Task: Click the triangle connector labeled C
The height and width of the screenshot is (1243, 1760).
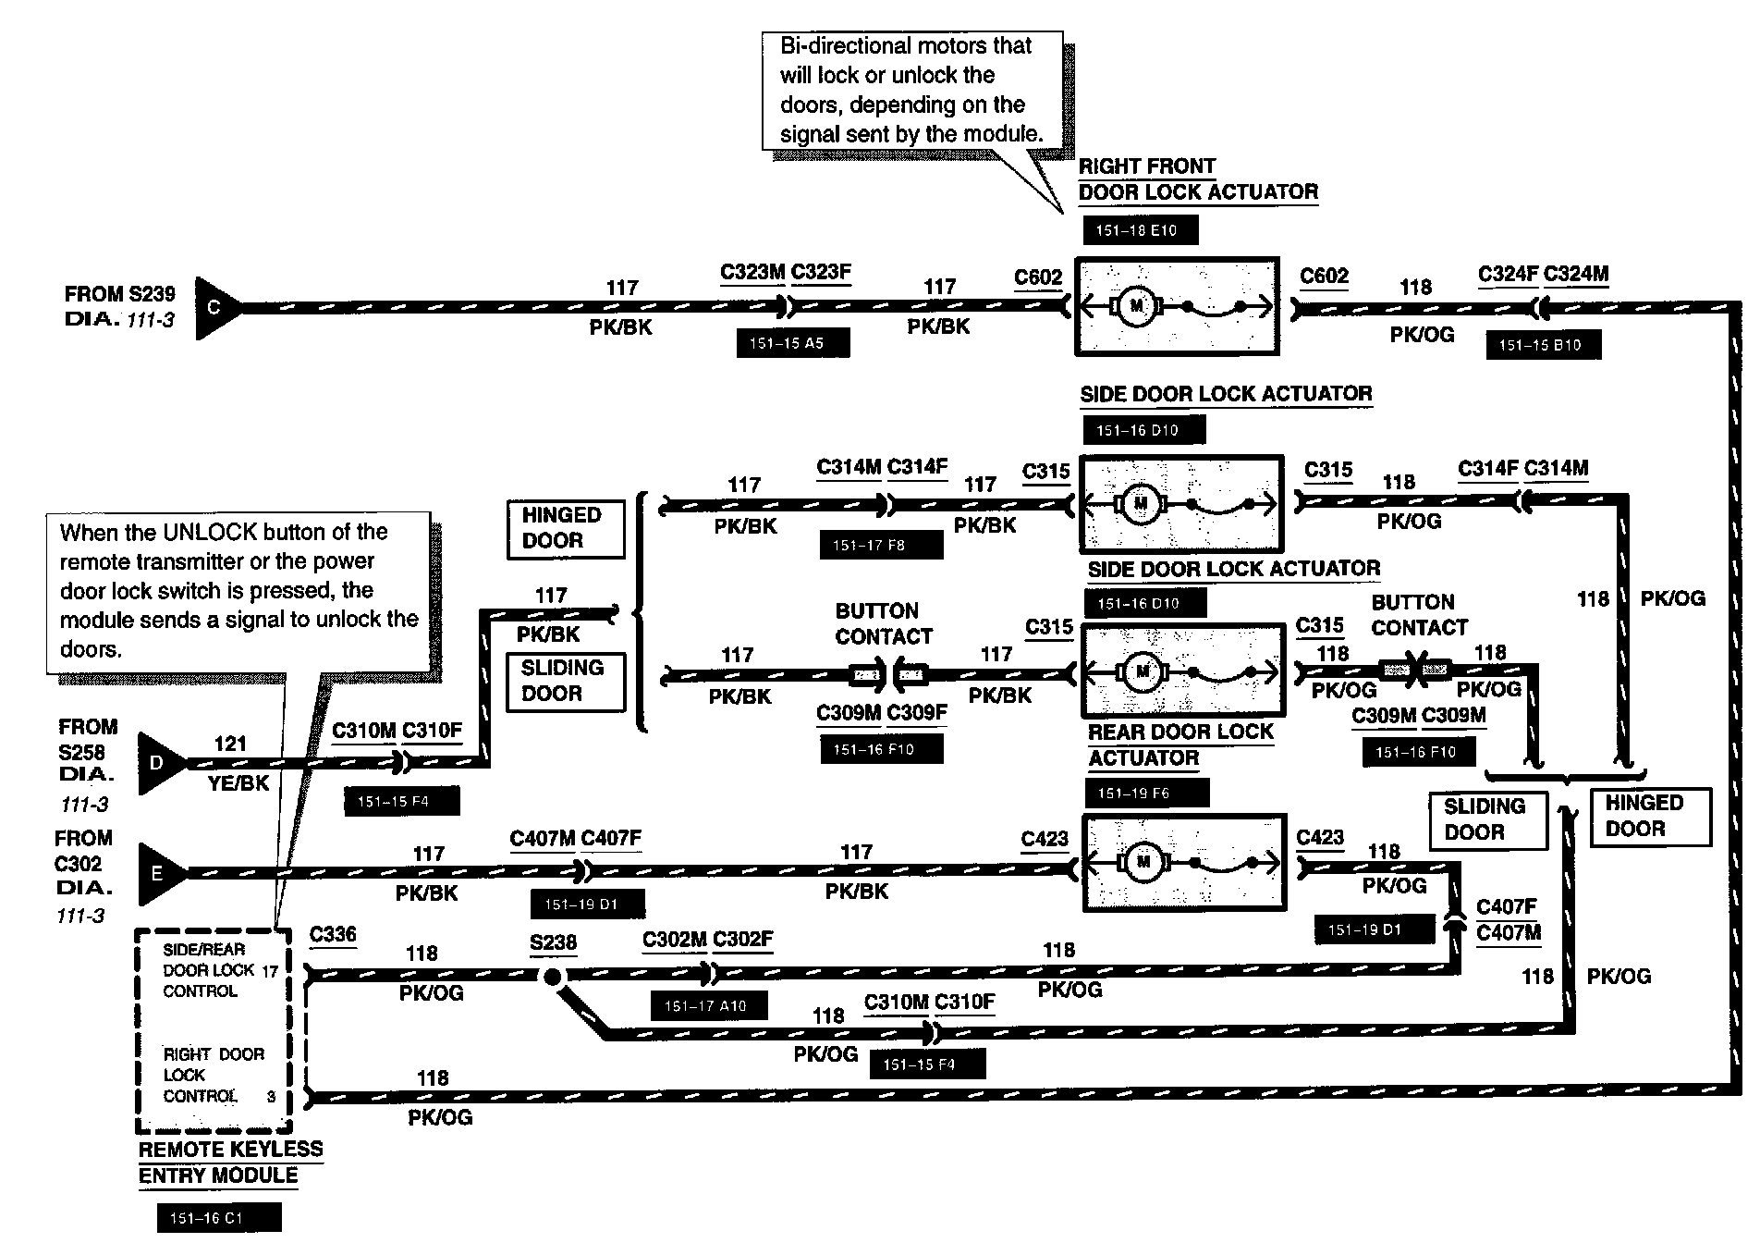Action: pos(215,307)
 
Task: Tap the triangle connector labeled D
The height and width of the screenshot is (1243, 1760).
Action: pos(158,763)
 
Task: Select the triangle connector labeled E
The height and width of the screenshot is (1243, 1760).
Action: pos(158,873)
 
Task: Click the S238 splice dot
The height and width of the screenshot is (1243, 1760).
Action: pos(552,976)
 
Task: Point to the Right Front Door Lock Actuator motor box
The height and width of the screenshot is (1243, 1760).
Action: pos(1177,306)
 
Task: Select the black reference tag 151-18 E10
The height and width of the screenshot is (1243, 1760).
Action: pos(1137,230)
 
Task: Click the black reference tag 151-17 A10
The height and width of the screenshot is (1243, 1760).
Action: pos(707,1006)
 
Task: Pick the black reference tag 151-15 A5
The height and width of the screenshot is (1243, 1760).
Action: pos(791,343)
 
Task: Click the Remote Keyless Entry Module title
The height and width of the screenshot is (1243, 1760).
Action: pos(230,1163)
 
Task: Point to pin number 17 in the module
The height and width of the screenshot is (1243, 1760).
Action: pos(269,971)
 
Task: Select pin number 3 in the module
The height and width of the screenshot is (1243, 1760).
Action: pos(271,1097)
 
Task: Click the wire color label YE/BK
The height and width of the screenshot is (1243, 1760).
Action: pos(238,783)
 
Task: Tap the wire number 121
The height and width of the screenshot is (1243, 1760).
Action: pos(230,744)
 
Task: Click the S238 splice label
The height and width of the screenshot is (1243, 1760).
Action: pos(553,943)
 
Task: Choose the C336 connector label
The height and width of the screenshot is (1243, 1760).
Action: pos(333,934)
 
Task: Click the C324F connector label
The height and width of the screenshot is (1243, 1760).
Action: pos(1507,274)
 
